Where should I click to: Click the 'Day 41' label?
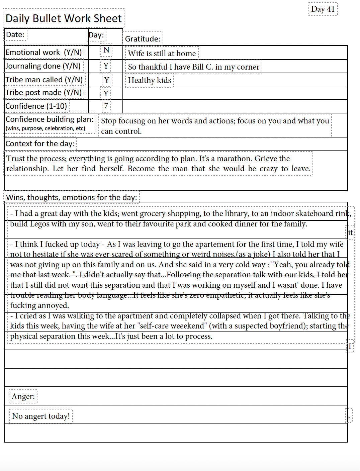coord(323,9)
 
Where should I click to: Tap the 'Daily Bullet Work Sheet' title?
coord(64,18)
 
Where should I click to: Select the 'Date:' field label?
coord(15,35)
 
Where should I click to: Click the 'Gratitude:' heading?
coord(143,39)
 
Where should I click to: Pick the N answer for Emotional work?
coord(106,50)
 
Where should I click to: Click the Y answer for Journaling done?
coord(106,66)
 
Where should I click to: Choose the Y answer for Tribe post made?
coord(106,93)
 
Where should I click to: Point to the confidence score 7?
coord(106,106)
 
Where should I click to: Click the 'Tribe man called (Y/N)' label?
coord(44,80)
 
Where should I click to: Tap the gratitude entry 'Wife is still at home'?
coord(162,54)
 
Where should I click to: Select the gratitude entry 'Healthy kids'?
coord(150,80)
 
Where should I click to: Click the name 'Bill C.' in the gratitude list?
coord(200,67)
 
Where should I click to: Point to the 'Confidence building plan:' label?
coord(50,119)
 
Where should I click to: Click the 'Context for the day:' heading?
coord(40,144)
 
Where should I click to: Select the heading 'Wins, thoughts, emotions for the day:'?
coord(72,197)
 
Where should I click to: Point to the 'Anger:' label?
coord(23,397)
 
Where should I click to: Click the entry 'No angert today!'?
coord(41,416)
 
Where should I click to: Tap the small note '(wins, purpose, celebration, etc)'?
coord(46,128)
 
